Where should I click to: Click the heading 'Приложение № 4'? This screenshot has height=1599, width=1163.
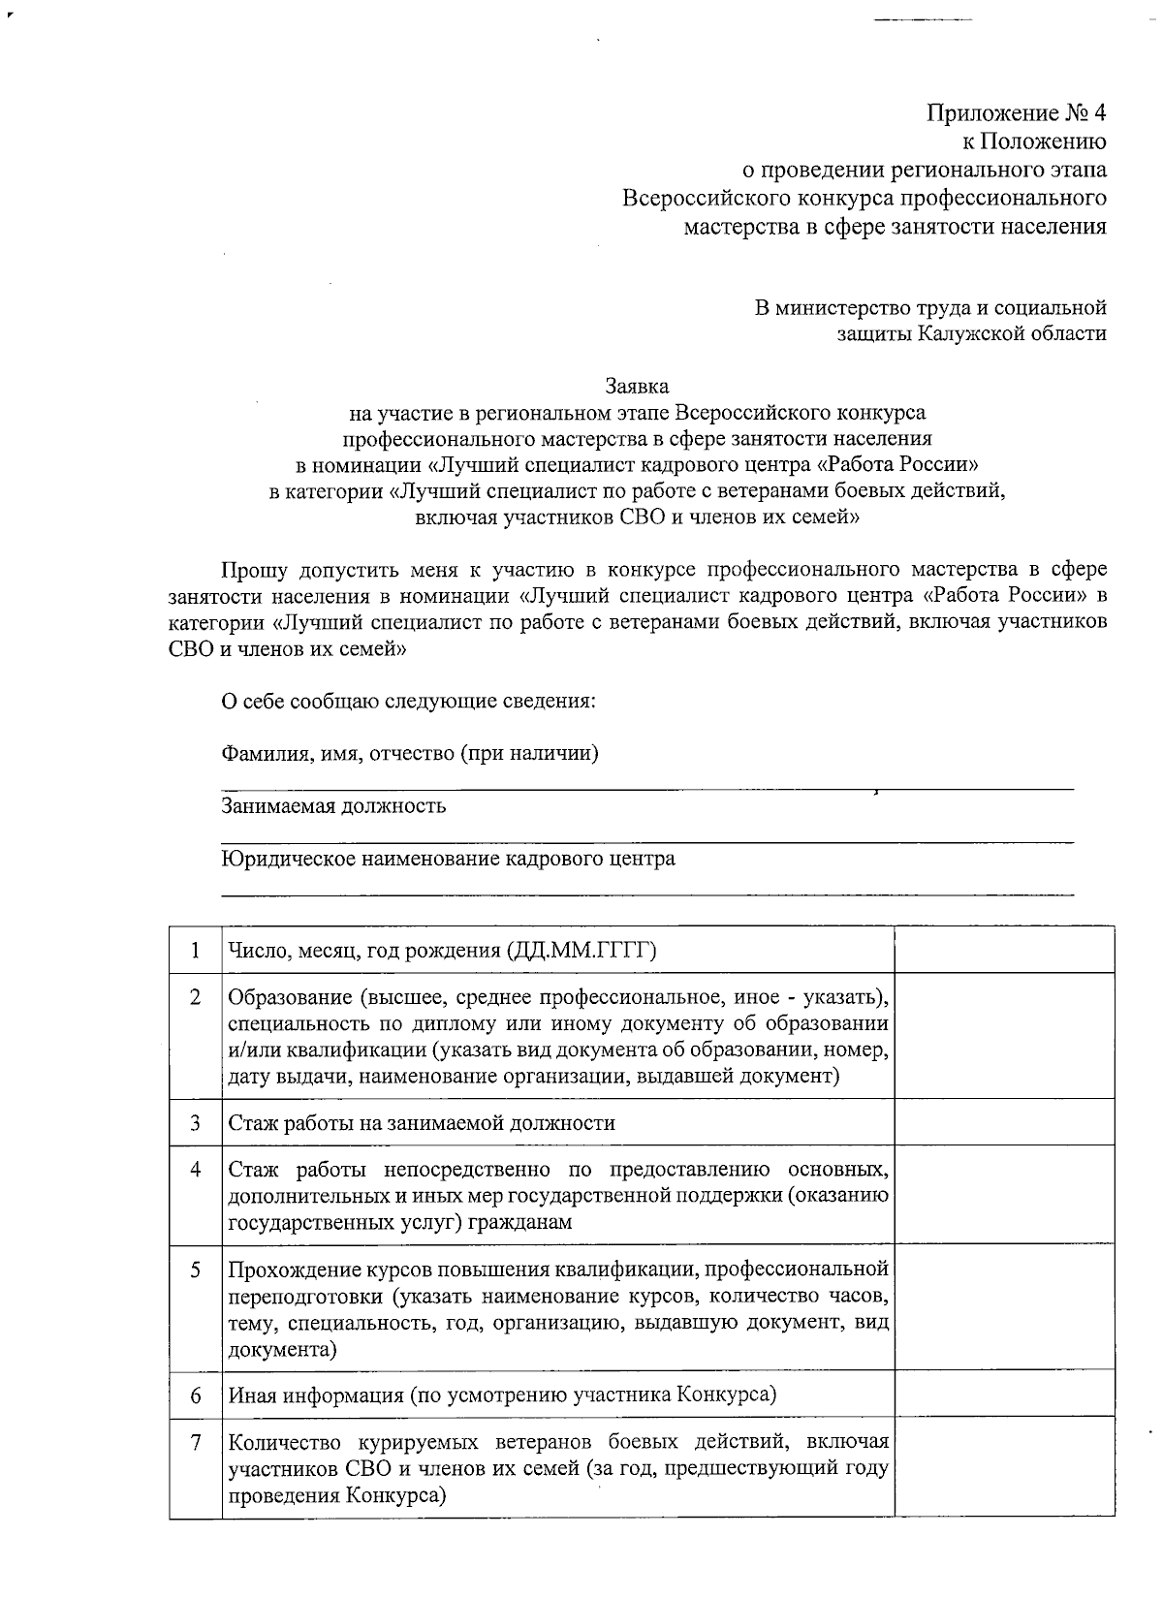point(1017,113)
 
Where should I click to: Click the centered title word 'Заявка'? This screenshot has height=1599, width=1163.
point(637,386)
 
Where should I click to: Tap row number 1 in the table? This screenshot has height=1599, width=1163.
point(195,950)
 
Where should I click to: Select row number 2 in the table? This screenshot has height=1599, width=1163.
point(195,997)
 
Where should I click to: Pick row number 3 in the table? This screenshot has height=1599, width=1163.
point(195,1123)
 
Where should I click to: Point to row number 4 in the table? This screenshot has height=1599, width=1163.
point(195,1170)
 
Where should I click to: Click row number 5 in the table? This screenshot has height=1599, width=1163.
point(195,1269)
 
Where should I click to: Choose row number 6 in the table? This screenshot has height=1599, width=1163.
point(195,1395)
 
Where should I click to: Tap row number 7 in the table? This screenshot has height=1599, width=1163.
point(195,1443)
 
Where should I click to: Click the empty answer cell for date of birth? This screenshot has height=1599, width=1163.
point(1004,950)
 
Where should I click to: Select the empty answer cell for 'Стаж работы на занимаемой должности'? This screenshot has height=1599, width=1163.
point(1004,1123)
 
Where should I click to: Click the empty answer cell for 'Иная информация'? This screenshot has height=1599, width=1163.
point(1004,1395)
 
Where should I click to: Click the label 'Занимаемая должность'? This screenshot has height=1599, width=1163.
point(333,806)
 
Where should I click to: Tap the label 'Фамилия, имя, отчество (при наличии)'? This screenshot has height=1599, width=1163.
point(409,753)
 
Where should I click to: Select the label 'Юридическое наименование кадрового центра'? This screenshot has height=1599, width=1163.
point(448,859)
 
